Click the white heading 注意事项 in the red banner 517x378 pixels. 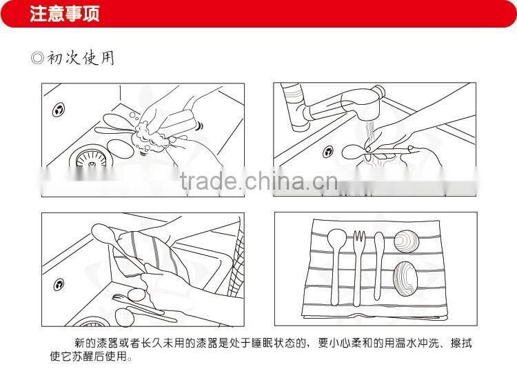tap(65, 14)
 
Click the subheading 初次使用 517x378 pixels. tap(81, 58)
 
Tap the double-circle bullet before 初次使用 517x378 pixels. tap(37, 58)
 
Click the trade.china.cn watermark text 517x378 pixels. tap(258, 181)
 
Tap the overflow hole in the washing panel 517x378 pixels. tap(59, 110)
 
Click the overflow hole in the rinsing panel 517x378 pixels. tap(327, 152)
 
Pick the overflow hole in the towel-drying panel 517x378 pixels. tap(59, 284)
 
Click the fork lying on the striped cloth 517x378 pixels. tap(358, 267)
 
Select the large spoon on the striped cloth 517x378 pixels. tap(336, 266)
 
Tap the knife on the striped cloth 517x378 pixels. tap(378, 265)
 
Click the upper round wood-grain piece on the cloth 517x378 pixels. tap(406, 241)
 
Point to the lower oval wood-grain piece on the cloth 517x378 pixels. tap(405, 279)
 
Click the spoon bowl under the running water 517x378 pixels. tap(354, 152)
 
